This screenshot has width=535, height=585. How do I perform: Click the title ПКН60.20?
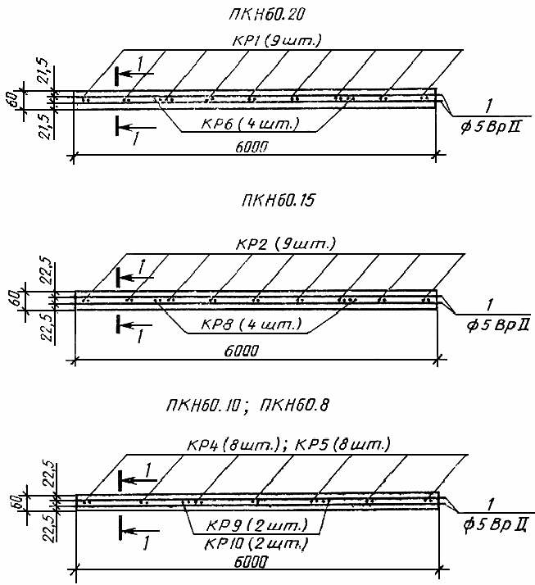[x=267, y=14]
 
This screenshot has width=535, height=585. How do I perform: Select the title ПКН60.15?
[x=278, y=201]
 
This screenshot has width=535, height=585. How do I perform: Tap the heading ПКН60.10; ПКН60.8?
[x=247, y=406]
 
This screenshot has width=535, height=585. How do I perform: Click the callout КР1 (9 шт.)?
[x=276, y=40]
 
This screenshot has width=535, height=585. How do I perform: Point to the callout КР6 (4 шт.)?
[x=251, y=123]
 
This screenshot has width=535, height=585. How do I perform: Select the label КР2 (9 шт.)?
[x=286, y=244]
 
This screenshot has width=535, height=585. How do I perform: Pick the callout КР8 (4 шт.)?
[x=251, y=324]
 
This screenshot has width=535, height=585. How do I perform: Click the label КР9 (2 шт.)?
[x=257, y=525]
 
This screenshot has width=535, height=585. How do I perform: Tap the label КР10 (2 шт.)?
[x=256, y=544]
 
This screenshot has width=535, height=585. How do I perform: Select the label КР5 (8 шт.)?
[x=342, y=445]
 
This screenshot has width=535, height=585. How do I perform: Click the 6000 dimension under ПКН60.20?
[x=252, y=147]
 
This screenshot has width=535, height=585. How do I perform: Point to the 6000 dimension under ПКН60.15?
[x=242, y=351]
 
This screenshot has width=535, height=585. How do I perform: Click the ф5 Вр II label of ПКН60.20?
[x=491, y=127]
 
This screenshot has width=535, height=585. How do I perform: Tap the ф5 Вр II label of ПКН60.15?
[x=497, y=325]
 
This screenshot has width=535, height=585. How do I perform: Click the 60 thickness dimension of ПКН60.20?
[x=13, y=100]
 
